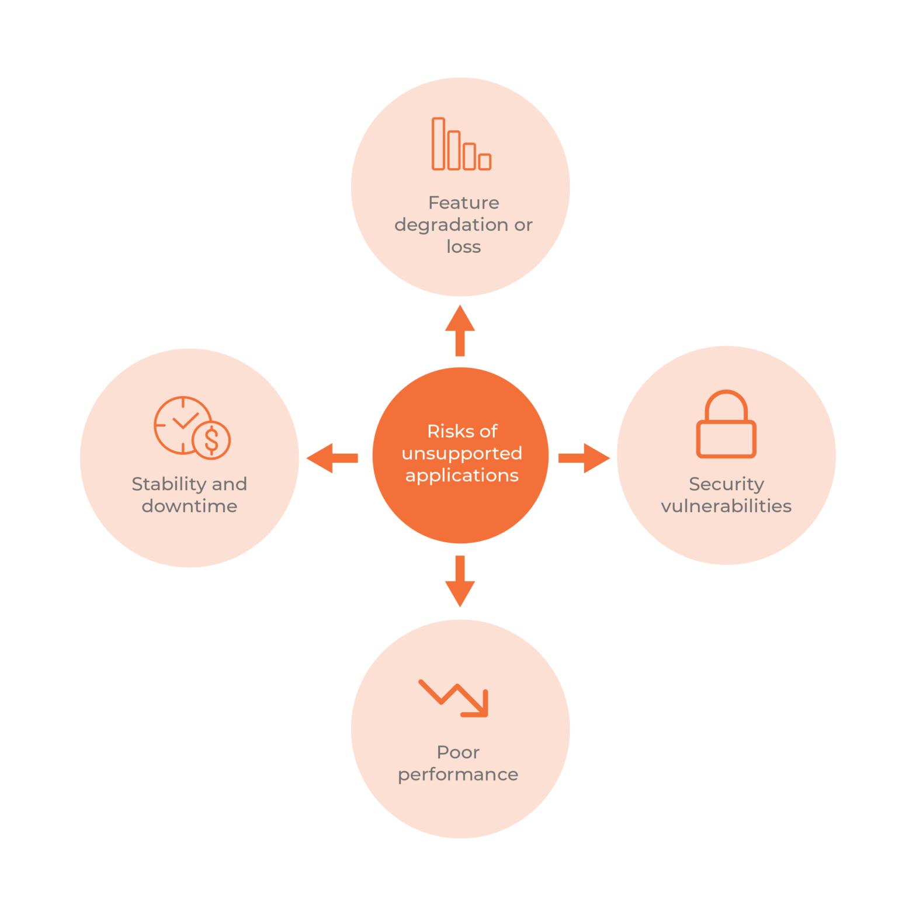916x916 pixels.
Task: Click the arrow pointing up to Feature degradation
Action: pos(460,329)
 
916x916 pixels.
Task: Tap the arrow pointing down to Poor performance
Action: pos(460,582)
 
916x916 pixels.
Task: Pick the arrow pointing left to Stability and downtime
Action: pos(332,458)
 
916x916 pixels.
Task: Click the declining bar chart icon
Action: pos(461,144)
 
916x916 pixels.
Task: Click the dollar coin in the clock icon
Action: pos(211,439)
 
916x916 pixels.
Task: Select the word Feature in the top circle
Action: pos(463,203)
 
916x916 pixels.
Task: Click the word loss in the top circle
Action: pos(463,247)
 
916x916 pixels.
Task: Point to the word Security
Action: pos(726,484)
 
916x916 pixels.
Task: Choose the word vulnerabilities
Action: pos(726,506)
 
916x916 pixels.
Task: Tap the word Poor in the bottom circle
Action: pos(458,752)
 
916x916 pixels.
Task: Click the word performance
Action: pos(458,775)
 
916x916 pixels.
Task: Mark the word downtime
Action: pos(189,506)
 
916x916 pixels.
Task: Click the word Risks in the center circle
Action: pos(447,431)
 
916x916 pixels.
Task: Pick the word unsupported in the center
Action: pos(462,453)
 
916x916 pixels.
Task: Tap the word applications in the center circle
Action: pos(462,476)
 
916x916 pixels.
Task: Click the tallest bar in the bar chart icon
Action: pos(438,144)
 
